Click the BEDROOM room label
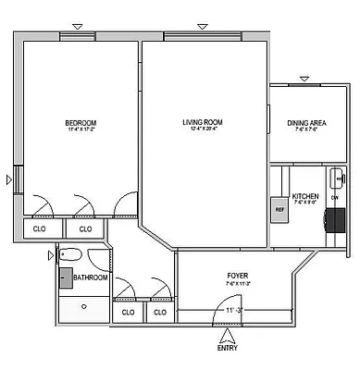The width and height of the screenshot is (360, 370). pos(81,122)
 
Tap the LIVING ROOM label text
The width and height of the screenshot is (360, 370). pos(201,121)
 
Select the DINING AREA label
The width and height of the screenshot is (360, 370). pos(305,122)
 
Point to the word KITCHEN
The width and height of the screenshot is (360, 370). pos(305,196)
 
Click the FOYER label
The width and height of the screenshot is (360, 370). pos(238,276)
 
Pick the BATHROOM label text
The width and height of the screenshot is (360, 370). pos(91,277)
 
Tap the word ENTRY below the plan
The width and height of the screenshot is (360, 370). pos(227,348)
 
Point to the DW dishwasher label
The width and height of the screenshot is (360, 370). pos(334,198)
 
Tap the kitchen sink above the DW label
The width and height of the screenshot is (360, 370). pos(336,178)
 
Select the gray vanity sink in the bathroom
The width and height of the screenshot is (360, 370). pos(67,277)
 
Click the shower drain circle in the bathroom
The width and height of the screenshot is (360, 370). pos(83,304)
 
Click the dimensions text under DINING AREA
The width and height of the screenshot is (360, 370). pos(305,129)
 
